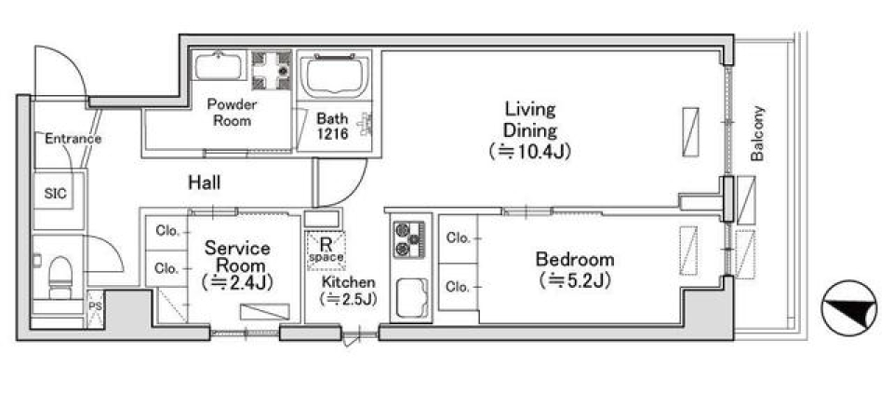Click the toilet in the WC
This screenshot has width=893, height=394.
(60, 278)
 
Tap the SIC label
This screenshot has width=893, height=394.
(55, 194)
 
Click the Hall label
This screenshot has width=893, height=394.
(205, 183)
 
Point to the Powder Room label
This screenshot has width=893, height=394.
(232, 113)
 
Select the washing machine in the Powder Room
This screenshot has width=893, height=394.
(272, 71)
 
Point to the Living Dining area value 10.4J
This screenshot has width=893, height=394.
(529, 152)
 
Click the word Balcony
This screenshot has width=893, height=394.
(757, 133)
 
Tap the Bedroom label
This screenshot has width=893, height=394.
(575, 260)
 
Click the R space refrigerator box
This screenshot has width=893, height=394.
(326, 250)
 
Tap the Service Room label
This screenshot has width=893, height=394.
(237, 256)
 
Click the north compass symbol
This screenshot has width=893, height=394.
(848, 308)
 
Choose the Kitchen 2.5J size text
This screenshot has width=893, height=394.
(348, 299)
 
